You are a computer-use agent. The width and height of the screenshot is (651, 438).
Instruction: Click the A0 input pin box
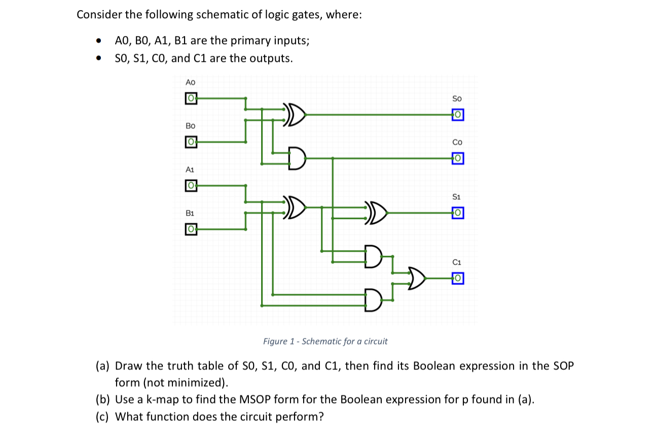coord(191,98)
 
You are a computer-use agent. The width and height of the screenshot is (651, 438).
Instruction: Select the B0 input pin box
coord(191,142)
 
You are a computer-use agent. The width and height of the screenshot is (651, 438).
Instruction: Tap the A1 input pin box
coord(191,186)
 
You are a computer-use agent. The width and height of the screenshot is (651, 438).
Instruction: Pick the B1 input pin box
coord(191,229)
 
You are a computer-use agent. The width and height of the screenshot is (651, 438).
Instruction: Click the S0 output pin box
coord(457,115)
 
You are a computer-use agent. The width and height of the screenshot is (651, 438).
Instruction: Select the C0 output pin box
coord(457,159)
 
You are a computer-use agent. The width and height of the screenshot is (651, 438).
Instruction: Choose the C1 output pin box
coord(457,278)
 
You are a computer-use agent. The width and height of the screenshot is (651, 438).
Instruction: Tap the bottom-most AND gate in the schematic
coord(373,300)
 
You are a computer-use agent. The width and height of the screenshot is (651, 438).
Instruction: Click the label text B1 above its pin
coord(190,213)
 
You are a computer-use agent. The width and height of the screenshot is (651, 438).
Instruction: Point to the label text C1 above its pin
coord(457,262)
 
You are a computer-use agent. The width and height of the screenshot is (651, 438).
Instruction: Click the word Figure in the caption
coord(275,341)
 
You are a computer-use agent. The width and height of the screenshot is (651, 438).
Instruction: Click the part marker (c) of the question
coord(103,417)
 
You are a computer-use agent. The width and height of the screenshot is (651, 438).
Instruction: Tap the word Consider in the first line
coord(99,15)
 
